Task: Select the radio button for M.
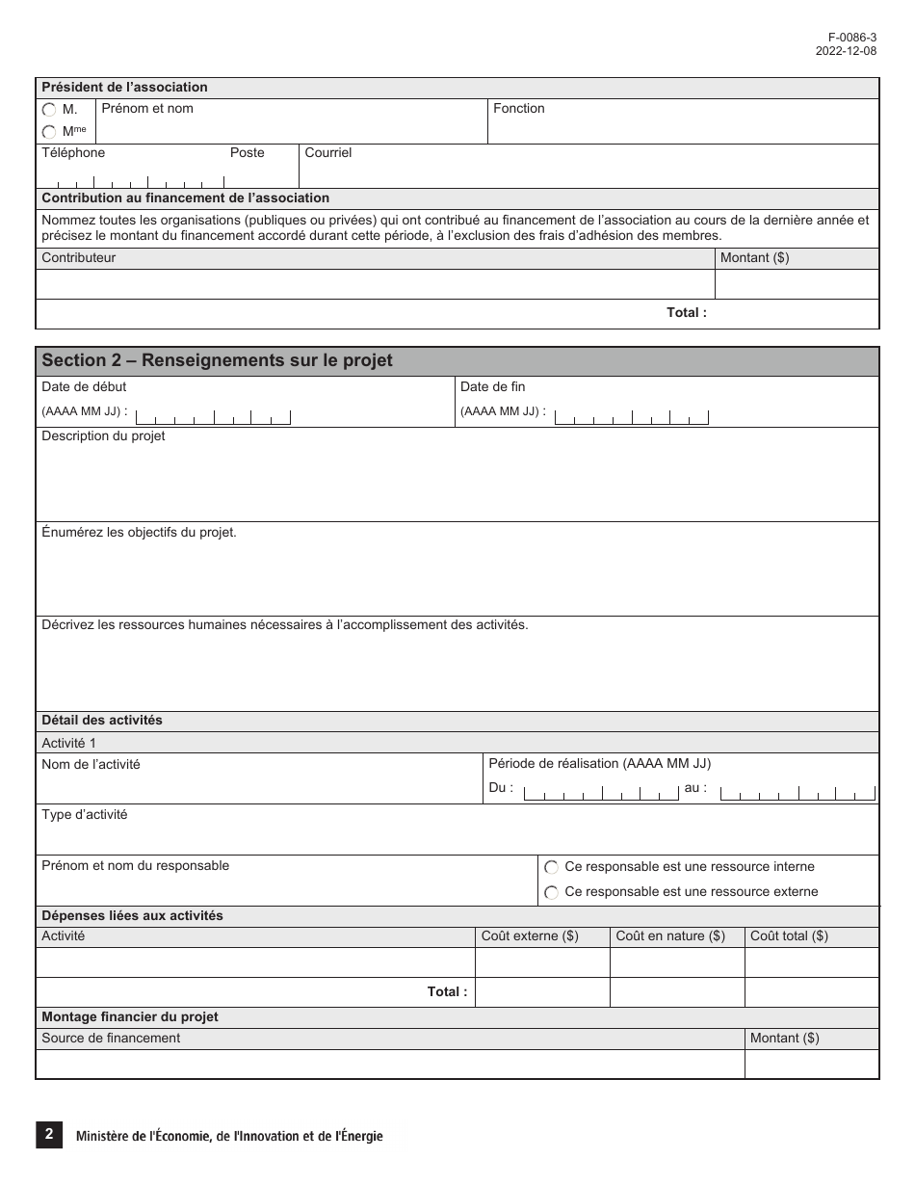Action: point(49,111)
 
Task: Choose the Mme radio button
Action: point(49,132)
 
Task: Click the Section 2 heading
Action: point(217,360)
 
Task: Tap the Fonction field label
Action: point(518,109)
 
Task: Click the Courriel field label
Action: point(327,153)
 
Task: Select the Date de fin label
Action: point(492,387)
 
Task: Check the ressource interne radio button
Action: point(552,868)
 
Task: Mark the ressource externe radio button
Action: point(552,893)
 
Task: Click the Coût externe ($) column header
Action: point(530,936)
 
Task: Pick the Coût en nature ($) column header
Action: point(669,936)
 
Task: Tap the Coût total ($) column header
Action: point(788,936)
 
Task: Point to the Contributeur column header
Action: point(78,258)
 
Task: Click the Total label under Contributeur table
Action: point(686,313)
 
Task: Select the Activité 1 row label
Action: point(68,743)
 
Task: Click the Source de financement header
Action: point(111,1039)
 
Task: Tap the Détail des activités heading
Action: point(102,721)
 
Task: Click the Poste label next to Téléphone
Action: point(247,153)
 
